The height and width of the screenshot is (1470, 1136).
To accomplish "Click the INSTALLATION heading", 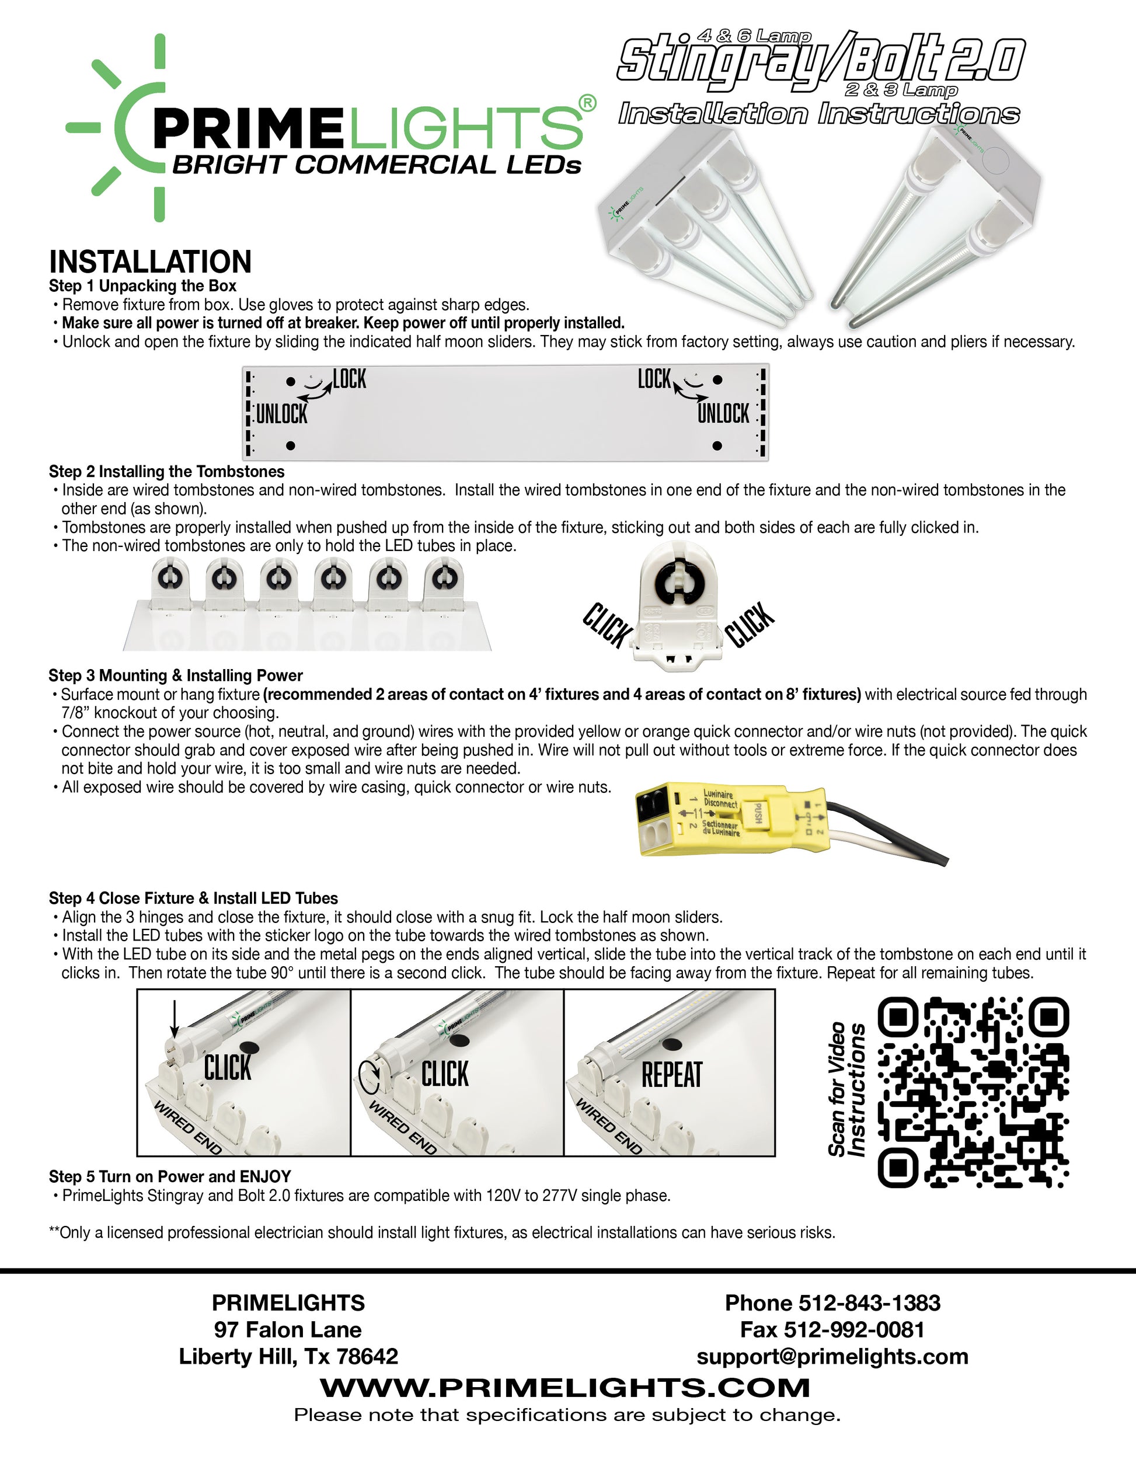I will (150, 262).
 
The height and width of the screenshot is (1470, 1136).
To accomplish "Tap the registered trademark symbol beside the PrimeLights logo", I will (587, 103).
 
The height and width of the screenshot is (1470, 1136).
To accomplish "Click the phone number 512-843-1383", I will (869, 1303).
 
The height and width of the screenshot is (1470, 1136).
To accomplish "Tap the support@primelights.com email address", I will (832, 1356).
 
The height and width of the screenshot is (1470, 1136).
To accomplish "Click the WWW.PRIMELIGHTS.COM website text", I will (564, 1387).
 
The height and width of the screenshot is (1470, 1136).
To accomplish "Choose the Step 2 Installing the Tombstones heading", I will (166, 471).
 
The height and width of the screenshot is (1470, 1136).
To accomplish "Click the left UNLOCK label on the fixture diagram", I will (282, 414).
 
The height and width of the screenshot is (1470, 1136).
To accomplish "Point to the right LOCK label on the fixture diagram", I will (654, 379).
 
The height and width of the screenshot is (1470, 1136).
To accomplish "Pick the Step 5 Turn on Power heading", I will (170, 1176).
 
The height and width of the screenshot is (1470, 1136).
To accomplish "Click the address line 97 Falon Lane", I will (288, 1330).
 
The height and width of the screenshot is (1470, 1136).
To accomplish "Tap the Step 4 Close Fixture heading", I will (193, 898).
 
